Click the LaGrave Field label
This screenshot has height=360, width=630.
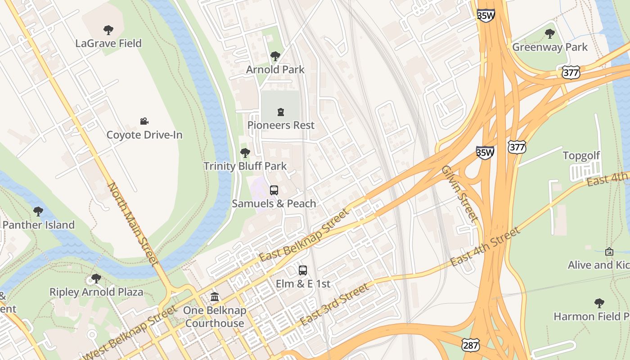108,44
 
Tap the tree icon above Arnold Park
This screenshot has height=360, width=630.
275,56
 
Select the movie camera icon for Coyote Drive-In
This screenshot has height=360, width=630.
144,121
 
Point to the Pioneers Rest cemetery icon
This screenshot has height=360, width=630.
281,112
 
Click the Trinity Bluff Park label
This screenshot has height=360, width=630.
245,166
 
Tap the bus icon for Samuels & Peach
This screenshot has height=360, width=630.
274,190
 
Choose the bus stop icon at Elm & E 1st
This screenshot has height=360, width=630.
303,270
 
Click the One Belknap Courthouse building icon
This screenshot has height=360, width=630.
215,297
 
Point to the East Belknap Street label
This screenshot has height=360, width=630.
304,235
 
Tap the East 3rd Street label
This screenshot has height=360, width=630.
334,304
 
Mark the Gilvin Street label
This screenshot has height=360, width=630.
459,193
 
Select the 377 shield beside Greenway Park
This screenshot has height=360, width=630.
571,72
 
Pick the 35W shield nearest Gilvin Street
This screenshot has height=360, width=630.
485,153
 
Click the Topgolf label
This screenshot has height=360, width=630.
581,156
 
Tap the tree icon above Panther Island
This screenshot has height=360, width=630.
38,211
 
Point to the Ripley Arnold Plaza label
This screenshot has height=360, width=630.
96,292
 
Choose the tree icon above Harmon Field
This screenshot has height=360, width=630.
599,303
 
